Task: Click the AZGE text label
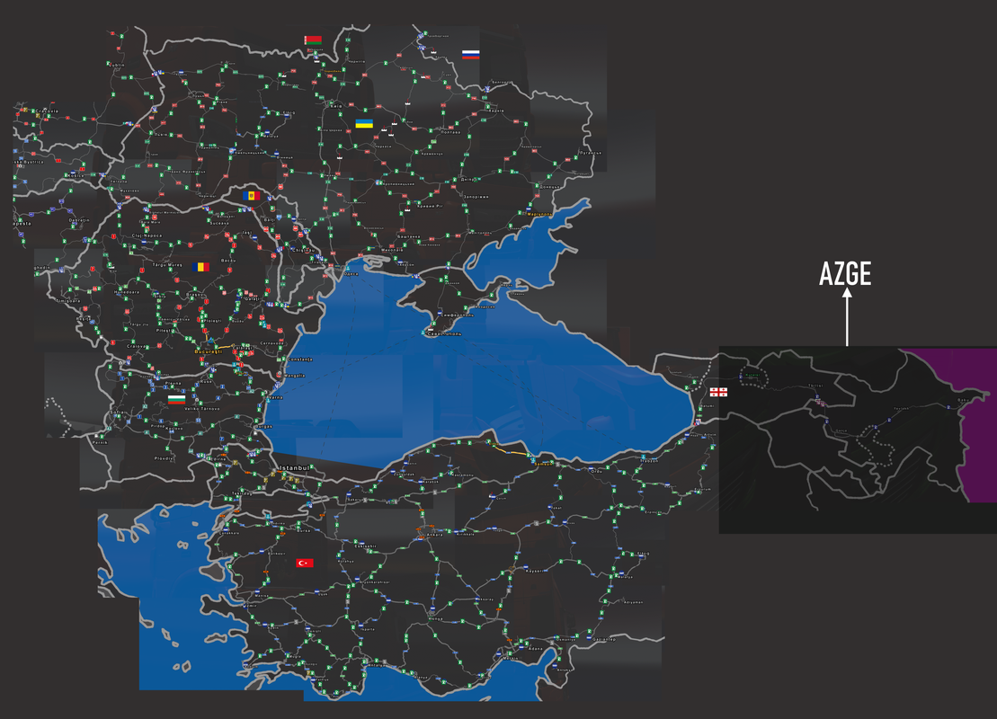[845, 274]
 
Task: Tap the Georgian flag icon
[718, 392]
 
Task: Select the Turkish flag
[305, 563]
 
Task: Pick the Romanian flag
[201, 266]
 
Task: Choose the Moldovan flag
[249, 195]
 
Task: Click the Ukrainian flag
[364, 123]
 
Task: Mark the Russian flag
[470, 55]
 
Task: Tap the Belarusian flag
[313, 40]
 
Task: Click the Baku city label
[966, 400]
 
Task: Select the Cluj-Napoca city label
[146, 235]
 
